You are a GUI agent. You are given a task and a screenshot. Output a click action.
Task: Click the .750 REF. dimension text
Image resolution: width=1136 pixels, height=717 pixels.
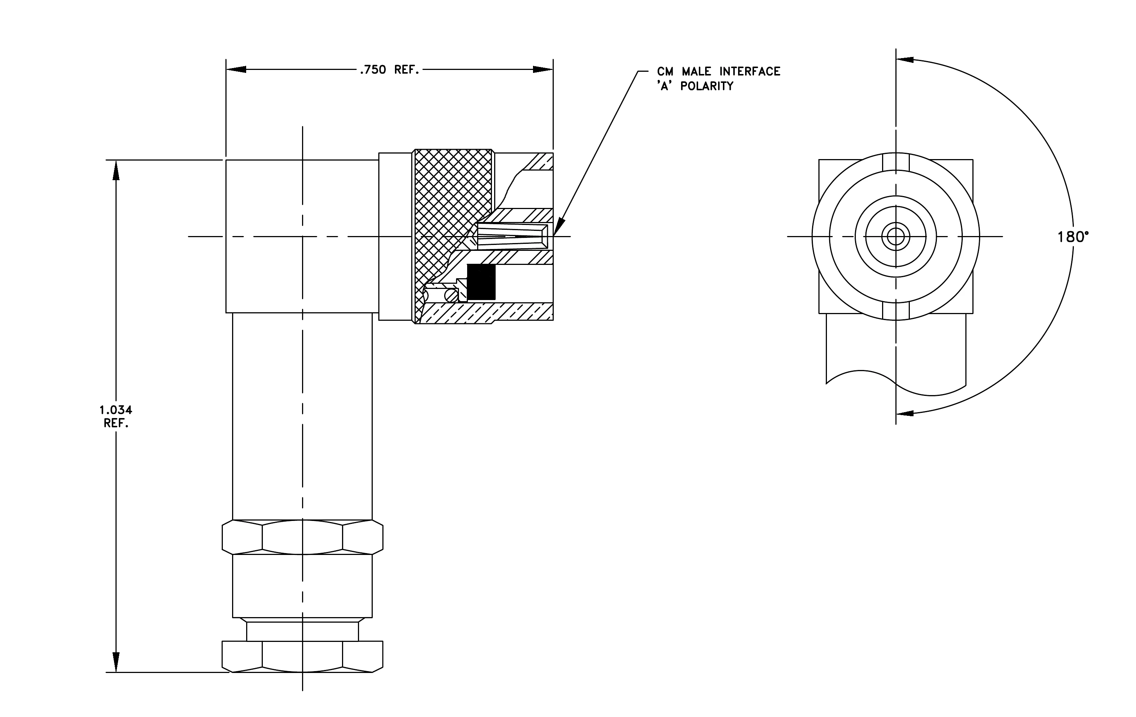pos(389,70)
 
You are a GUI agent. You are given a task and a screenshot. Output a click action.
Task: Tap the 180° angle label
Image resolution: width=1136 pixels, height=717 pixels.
pos(1073,237)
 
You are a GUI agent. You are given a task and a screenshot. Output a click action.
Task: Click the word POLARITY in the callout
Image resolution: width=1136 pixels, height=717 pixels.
pos(707,86)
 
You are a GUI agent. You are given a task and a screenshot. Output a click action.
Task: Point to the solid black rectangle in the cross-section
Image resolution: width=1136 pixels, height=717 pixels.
pos(481,282)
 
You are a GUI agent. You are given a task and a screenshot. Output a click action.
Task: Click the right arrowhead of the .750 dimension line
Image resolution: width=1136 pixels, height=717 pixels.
pos(543,69)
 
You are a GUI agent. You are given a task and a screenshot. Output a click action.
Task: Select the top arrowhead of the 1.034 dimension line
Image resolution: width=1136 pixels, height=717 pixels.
pos(115,170)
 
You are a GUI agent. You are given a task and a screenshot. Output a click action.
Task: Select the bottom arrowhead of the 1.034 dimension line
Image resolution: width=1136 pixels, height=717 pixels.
pos(115,662)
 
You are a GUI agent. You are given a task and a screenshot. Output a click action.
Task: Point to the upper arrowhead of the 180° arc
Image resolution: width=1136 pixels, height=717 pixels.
pos(905,60)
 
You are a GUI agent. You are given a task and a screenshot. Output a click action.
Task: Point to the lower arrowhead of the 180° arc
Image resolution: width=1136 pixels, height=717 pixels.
pos(905,413)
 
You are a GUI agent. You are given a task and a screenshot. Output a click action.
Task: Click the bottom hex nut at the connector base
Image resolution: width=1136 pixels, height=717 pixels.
pos(302,656)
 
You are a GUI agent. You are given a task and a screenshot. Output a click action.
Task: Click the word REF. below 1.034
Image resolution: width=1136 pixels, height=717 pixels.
pos(116,423)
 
